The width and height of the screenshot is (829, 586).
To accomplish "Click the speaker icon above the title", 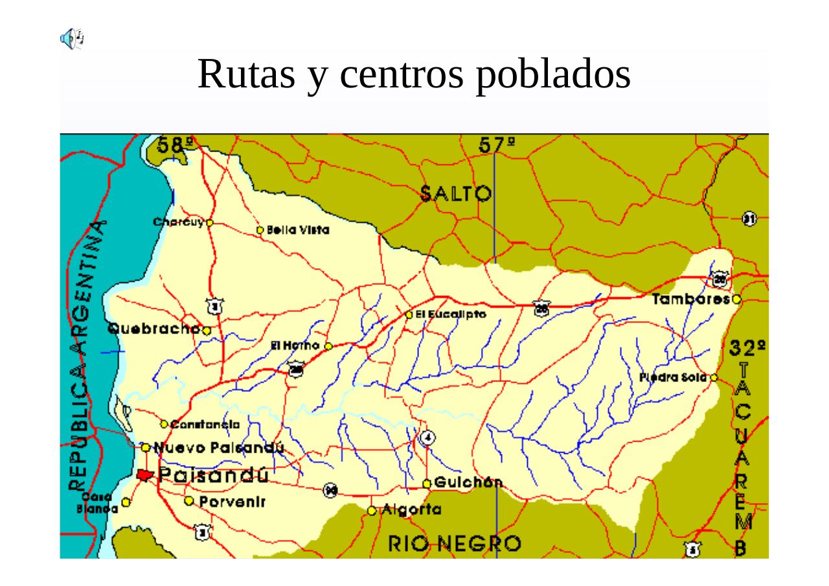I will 72,38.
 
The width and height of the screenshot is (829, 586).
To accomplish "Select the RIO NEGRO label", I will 454,544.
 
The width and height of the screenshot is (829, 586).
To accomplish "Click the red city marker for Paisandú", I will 144,475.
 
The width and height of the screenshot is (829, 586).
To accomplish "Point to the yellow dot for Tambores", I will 736,300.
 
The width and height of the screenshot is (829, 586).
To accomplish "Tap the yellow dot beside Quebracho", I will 207,331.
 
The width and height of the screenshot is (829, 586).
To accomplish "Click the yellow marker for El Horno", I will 328,346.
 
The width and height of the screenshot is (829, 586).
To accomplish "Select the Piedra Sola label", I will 674,378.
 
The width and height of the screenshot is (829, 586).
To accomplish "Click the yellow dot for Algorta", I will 372,511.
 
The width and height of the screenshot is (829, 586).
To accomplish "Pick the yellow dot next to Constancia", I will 165,424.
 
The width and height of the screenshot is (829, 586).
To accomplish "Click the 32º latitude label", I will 747,348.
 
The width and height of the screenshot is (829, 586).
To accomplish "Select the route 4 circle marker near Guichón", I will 427,438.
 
